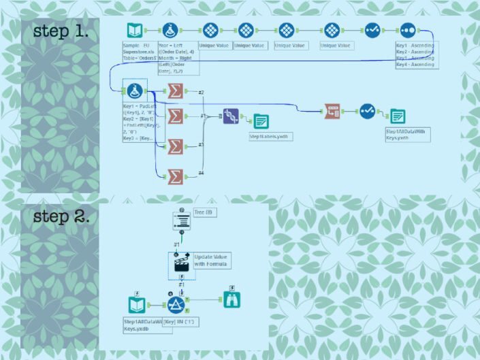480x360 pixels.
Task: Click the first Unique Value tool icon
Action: (210, 31)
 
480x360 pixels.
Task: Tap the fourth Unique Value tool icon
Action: (331, 31)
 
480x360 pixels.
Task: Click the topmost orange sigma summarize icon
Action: (176, 91)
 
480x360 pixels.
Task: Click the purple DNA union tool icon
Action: (231, 116)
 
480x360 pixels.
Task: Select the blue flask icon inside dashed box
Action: (134, 91)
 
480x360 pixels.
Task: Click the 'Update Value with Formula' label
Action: (211, 259)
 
